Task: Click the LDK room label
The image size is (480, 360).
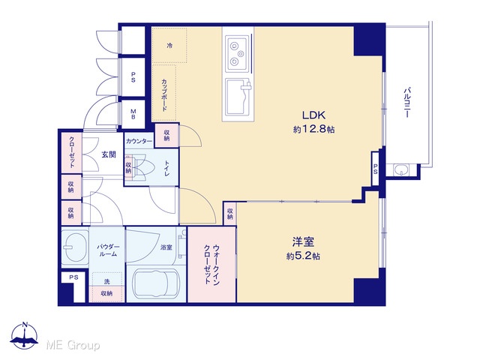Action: (x=313, y=115)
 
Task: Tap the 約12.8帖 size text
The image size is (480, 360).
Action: (x=313, y=129)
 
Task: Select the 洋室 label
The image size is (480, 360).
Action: (x=303, y=242)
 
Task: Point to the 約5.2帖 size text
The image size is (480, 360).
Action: (x=303, y=256)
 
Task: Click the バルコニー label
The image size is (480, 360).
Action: (x=406, y=103)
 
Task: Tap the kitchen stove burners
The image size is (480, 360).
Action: (x=237, y=53)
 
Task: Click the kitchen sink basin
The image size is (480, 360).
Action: (x=238, y=97)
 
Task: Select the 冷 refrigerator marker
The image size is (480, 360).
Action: (x=169, y=46)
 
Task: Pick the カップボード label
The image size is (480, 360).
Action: (x=164, y=95)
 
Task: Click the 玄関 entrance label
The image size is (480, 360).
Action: (x=109, y=154)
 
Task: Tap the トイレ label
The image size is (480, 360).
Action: (x=166, y=168)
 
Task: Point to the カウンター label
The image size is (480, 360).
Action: (x=139, y=142)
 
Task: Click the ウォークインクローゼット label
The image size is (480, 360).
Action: (x=211, y=265)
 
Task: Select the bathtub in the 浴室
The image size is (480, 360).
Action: (x=156, y=284)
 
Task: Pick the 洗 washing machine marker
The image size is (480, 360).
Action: (x=106, y=281)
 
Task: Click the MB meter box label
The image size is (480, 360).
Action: (x=133, y=114)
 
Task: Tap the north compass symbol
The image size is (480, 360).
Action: (x=24, y=335)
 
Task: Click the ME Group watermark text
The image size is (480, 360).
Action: (x=73, y=346)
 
